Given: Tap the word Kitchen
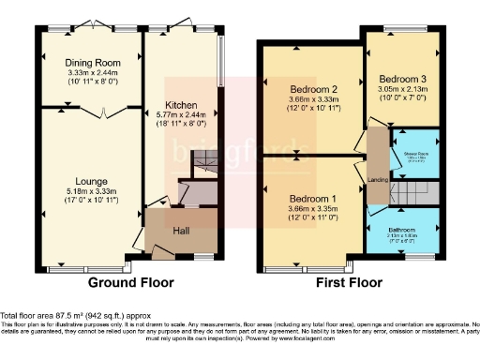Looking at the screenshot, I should [180, 104].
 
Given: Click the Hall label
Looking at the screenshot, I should [182, 228].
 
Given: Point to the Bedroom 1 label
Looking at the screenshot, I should [310, 200].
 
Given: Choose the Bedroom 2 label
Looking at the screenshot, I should [310, 90].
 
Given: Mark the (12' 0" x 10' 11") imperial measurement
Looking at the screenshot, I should [310, 110].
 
